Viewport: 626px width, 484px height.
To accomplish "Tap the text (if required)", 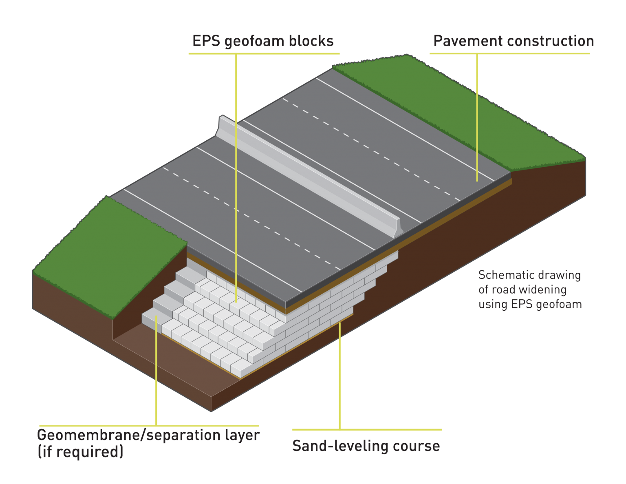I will pyautogui.click(x=80, y=452).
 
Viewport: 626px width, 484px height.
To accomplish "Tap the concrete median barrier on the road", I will pyautogui.click(x=310, y=175).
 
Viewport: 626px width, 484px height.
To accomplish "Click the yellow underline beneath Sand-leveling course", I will pyautogui.click(x=367, y=429).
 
